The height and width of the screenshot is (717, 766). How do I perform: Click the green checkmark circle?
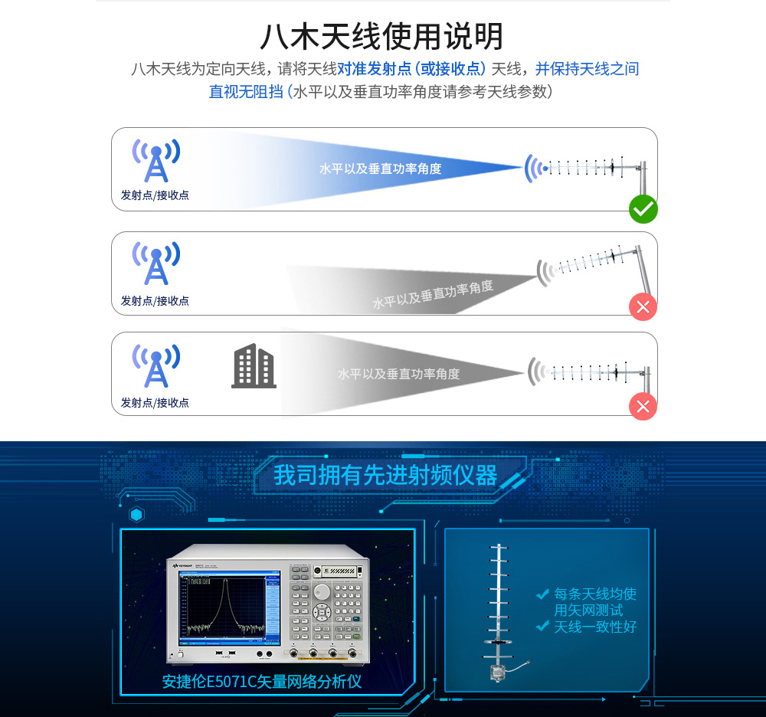643,209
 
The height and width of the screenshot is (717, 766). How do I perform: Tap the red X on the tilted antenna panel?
643,306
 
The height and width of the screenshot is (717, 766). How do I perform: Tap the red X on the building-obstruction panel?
643,406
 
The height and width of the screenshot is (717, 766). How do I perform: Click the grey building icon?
254,366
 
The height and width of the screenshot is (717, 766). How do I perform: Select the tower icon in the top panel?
156,160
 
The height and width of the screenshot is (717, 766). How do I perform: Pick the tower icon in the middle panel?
156,264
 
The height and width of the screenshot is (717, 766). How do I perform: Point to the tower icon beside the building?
156,366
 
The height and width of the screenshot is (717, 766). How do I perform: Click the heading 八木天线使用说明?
381,36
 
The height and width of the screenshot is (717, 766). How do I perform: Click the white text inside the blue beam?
380,169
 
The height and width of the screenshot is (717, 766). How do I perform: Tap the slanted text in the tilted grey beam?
433,294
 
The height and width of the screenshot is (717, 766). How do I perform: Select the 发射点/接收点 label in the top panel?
155,195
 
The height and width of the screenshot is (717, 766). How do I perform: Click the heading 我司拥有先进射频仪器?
385,475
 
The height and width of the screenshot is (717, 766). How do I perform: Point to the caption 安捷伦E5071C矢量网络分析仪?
262,681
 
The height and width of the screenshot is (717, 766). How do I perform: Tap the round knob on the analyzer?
322,592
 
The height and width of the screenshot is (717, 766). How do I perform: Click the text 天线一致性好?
595,627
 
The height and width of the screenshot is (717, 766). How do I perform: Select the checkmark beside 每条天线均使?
542,594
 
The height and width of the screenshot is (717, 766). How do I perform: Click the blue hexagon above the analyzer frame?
136,514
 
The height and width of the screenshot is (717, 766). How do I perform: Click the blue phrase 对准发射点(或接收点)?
411,69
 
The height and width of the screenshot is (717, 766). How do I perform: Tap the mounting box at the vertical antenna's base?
499,672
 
